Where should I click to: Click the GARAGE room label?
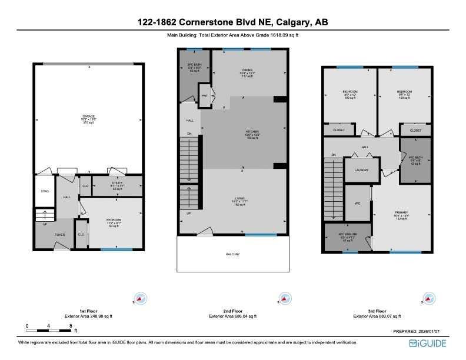[88, 116]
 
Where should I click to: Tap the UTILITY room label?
[117, 184]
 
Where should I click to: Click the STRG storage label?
[44, 192]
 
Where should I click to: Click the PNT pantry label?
[205, 95]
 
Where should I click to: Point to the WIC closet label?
[356, 204]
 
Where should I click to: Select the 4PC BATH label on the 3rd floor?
[415, 158]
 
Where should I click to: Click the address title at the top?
[233, 22]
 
